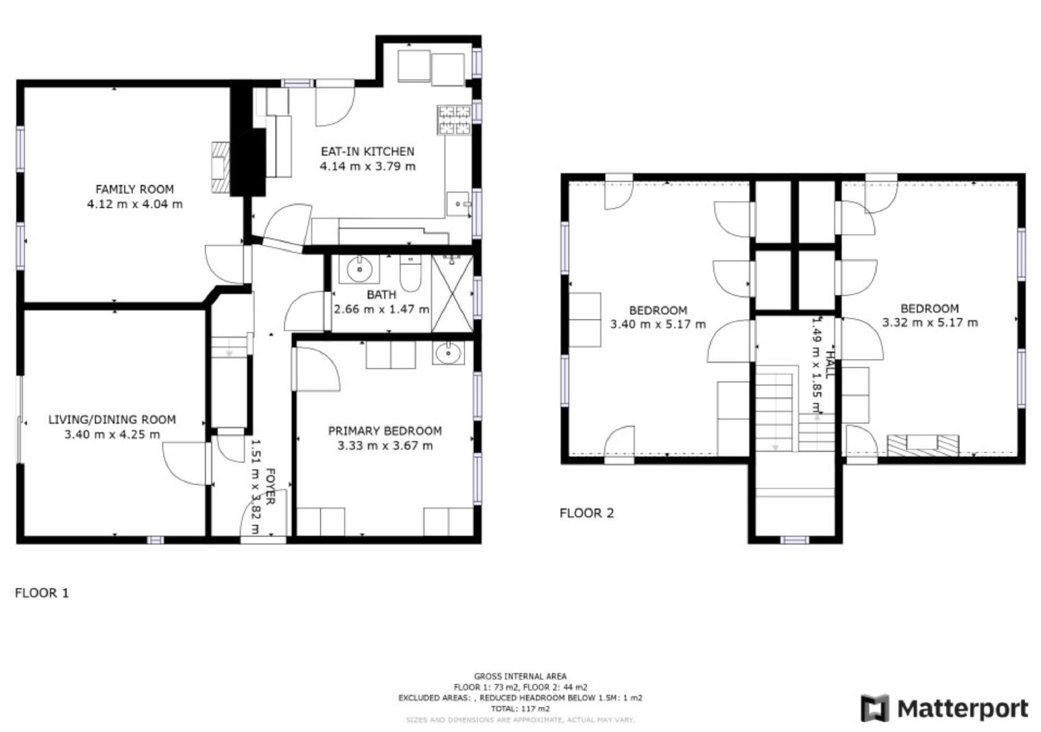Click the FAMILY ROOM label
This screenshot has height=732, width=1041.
point(134,189)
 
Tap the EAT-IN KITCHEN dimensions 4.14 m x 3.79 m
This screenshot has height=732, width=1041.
point(368,166)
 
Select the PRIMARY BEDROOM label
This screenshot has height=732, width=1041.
point(385,431)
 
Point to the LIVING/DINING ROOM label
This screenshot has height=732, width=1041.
point(112,419)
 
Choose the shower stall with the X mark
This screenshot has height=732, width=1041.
point(453,294)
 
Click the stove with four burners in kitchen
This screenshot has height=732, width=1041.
point(454,119)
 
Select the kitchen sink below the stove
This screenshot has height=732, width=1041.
point(458,204)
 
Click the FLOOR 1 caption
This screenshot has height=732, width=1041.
point(42,593)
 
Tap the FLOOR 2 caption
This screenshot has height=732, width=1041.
point(586,513)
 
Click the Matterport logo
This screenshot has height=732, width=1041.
point(944,708)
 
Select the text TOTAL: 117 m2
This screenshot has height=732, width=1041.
point(520,709)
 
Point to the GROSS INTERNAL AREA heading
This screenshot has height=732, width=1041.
point(520,676)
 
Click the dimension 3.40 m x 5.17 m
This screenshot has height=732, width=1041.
point(658,324)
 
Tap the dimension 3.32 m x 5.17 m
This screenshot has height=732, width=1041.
point(929,322)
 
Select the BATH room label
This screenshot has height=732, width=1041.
point(381,294)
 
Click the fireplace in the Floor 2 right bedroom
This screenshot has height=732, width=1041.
point(922,445)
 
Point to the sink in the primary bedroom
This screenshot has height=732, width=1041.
point(448,354)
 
